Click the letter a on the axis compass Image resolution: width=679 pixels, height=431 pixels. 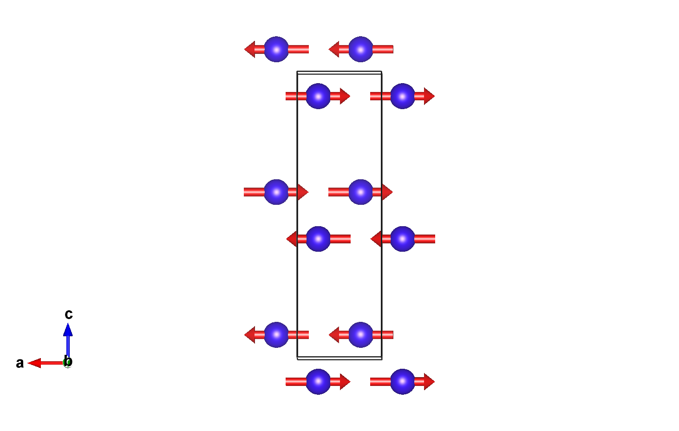20,363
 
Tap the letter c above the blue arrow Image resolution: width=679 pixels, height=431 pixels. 68,314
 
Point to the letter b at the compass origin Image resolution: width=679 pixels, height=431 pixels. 68,361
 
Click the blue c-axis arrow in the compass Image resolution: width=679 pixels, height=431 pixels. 68,339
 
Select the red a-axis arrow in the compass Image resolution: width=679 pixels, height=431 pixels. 44,363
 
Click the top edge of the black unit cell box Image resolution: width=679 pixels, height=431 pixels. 339,72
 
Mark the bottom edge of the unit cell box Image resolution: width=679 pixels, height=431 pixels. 339,358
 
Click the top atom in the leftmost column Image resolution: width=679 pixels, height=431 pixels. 276,49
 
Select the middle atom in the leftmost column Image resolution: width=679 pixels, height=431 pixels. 276,192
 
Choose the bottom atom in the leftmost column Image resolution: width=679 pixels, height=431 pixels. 276,334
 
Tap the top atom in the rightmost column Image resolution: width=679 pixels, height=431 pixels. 403,96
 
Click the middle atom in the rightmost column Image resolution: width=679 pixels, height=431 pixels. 403,239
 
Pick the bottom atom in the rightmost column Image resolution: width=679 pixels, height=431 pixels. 403,381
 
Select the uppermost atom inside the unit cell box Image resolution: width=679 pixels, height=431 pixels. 318,96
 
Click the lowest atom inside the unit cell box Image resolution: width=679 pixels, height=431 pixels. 361,334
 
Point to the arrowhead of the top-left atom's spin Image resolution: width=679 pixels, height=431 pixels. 250,49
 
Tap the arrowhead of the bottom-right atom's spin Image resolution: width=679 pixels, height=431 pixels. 429,381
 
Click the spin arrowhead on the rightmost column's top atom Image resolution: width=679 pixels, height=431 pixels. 429,96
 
